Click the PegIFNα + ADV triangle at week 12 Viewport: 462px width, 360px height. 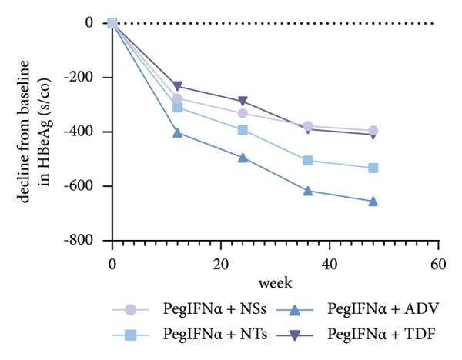click(178, 132)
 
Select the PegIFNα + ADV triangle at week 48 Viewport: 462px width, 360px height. click(373, 201)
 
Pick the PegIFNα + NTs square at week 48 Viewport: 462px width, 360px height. click(373, 168)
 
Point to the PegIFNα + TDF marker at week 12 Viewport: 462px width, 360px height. click(178, 86)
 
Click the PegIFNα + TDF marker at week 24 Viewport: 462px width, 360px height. click(243, 102)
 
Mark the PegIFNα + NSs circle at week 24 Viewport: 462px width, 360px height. click(243, 113)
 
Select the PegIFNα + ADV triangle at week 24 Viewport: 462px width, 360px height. click(243, 158)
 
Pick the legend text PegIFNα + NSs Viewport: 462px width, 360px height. click(204, 309)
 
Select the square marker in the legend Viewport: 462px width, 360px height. click(132, 335)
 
